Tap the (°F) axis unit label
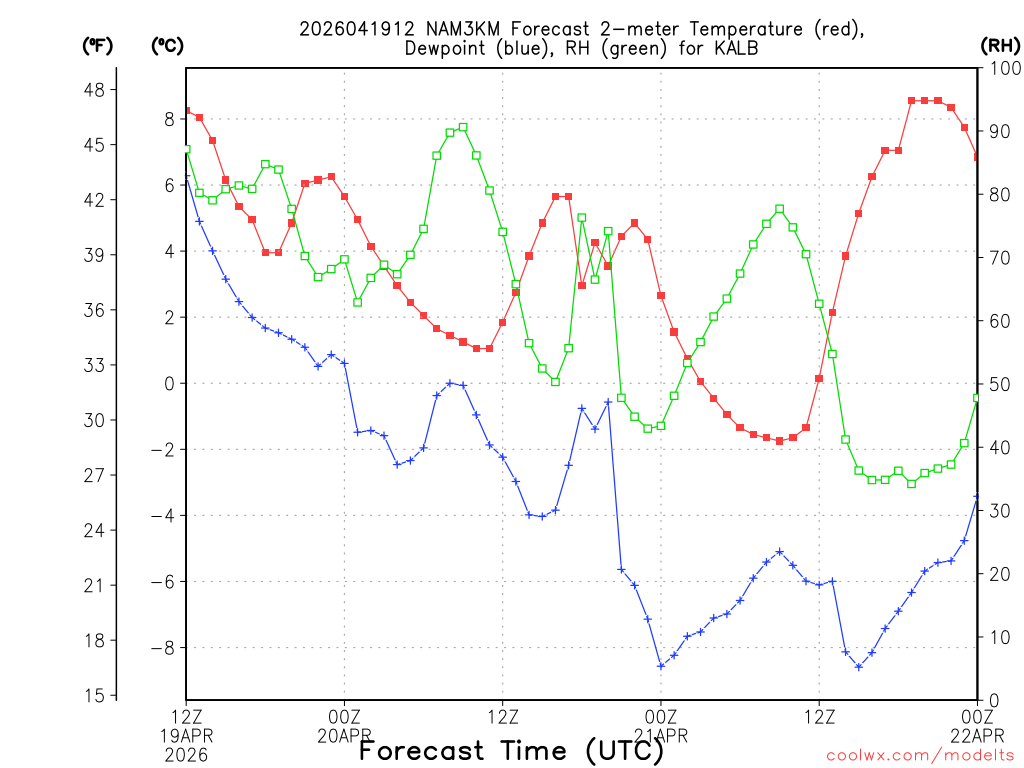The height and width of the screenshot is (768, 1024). [98, 46]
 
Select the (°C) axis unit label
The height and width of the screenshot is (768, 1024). [167, 46]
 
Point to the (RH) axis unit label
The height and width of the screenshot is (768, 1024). [1000, 46]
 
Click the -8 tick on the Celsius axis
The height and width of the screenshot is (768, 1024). [162, 648]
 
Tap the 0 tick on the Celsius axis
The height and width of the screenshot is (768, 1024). [169, 384]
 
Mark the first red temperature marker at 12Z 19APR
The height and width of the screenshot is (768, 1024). [186, 110]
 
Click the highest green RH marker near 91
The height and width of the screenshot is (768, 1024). [463, 127]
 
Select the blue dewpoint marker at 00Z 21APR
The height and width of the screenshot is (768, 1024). [661, 666]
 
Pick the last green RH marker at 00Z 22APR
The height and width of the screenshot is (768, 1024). [977, 398]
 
